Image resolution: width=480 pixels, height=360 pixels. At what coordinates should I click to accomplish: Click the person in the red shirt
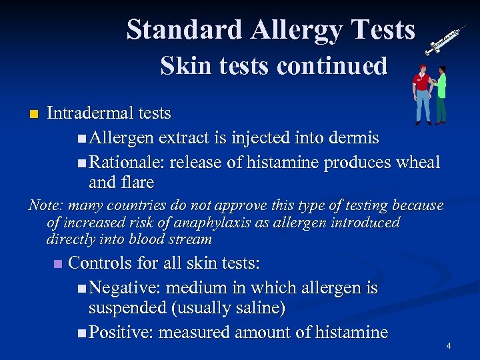421,93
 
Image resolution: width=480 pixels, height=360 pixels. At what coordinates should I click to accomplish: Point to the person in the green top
440,95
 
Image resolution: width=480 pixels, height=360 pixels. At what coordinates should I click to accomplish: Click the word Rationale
127,162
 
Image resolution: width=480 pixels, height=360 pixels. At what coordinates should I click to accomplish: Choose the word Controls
101,263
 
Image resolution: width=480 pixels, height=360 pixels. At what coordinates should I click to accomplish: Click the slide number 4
449,346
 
